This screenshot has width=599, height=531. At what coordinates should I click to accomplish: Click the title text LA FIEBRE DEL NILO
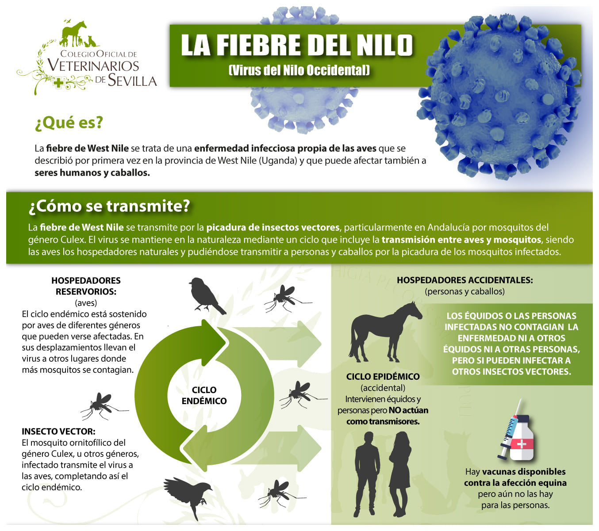(297, 46)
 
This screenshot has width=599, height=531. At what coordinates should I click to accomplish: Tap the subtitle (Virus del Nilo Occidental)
(299, 70)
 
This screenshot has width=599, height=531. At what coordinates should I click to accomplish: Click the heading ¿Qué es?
(69, 122)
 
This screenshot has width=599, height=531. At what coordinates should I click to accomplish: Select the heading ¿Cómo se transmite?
(109, 206)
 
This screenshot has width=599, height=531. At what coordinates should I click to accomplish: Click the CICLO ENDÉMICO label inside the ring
(204, 395)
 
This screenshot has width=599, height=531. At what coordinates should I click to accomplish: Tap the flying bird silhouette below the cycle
(189, 494)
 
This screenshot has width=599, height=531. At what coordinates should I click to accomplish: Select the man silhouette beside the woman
(367, 473)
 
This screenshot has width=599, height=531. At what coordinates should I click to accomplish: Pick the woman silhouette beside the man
(401, 473)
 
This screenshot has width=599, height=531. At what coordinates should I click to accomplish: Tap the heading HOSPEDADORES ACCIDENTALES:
(465, 280)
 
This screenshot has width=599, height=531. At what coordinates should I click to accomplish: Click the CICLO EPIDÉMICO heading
(383, 377)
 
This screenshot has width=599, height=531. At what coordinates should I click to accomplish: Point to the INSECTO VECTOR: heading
(58, 432)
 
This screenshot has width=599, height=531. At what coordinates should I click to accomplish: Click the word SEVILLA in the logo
(132, 81)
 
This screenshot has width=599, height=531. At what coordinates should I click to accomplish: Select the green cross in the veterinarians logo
(58, 83)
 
